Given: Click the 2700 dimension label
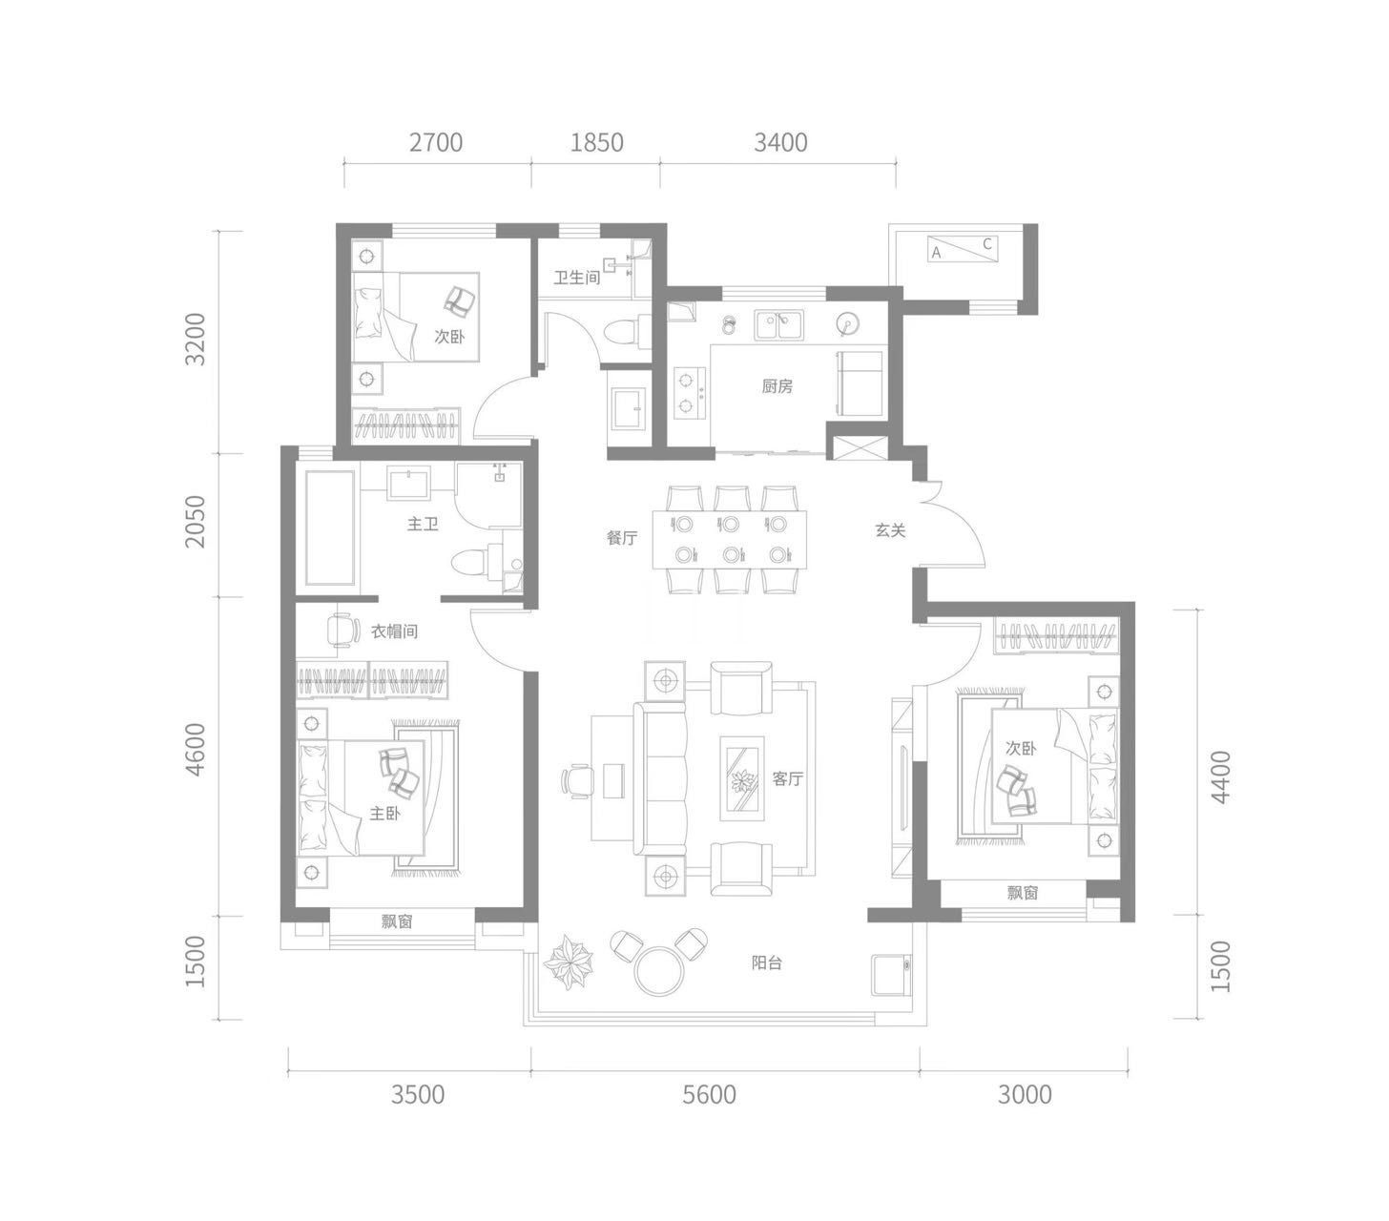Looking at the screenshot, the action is pyautogui.click(x=435, y=142).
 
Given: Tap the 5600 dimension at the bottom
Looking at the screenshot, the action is pyautogui.click(x=709, y=1095).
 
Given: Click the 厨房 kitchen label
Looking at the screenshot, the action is pyautogui.click(x=777, y=386).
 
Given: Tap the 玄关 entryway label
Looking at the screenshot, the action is pyautogui.click(x=890, y=530).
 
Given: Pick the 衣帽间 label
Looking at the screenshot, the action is pyautogui.click(x=394, y=631).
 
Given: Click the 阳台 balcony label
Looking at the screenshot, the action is pyautogui.click(x=766, y=962).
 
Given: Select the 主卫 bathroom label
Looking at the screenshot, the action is pyautogui.click(x=423, y=525).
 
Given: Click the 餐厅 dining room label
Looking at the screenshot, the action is pyautogui.click(x=621, y=538).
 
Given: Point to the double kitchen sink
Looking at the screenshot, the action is pyautogui.click(x=779, y=325).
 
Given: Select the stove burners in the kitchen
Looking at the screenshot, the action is pyautogui.click(x=690, y=393).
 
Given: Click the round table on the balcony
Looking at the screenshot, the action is pyautogui.click(x=658, y=971).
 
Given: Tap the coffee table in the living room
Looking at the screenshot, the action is pyautogui.click(x=741, y=778).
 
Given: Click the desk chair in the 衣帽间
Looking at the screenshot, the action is pyautogui.click(x=343, y=630).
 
